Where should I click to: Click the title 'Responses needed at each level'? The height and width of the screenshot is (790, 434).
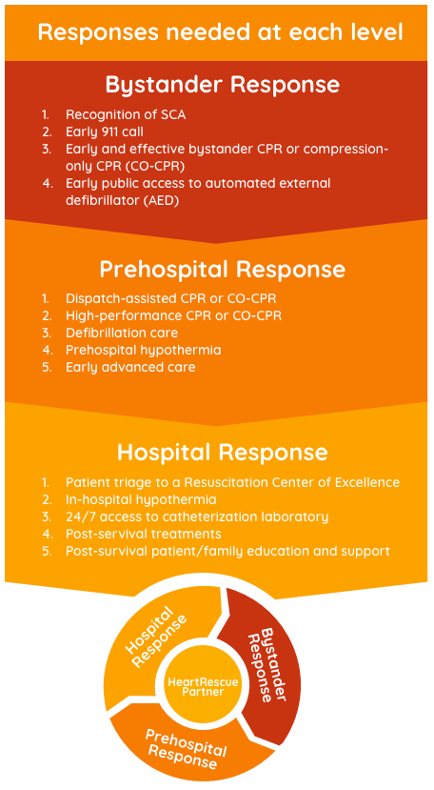pyautogui.click(x=220, y=32)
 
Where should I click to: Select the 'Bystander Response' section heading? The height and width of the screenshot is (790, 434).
pyautogui.click(x=222, y=85)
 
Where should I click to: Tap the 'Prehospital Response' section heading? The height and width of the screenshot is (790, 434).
pyautogui.click(x=222, y=270)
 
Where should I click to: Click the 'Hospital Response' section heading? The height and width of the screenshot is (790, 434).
pyautogui.click(x=222, y=453)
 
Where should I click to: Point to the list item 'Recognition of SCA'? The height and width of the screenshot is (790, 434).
pyautogui.click(x=126, y=115)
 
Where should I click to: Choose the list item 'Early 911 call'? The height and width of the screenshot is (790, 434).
pyautogui.click(x=105, y=132)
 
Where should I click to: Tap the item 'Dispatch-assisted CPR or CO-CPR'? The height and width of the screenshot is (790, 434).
pyautogui.click(x=170, y=298)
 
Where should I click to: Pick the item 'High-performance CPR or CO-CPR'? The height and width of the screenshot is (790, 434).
pyautogui.click(x=173, y=315)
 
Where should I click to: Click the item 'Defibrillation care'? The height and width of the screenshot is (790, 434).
pyautogui.click(x=121, y=333)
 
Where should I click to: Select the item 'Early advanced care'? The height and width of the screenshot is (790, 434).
pyautogui.click(x=129, y=367)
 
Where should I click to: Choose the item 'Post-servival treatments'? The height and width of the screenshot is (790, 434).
pyautogui.click(x=143, y=534)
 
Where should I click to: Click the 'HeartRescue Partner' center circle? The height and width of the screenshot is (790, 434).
pyautogui.click(x=203, y=686)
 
